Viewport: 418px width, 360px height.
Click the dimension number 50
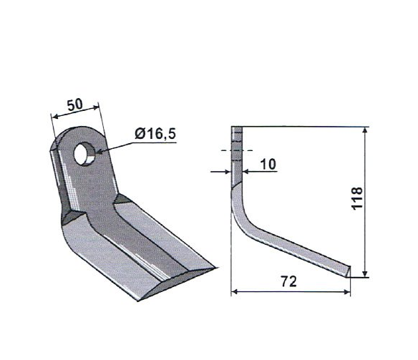click(x=75, y=104)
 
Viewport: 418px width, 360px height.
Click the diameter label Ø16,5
click(x=155, y=134)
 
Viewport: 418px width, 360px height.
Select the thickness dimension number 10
click(x=268, y=164)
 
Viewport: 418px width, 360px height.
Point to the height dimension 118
click(x=357, y=198)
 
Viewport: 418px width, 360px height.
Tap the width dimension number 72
click(x=288, y=281)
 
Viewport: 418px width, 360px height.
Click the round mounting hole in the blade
click(x=84, y=154)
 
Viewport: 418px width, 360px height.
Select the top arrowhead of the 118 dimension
click(x=366, y=130)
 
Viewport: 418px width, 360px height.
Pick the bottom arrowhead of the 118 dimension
click(x=366, y=274)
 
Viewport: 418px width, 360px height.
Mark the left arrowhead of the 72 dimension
click(x=234, y=292)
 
